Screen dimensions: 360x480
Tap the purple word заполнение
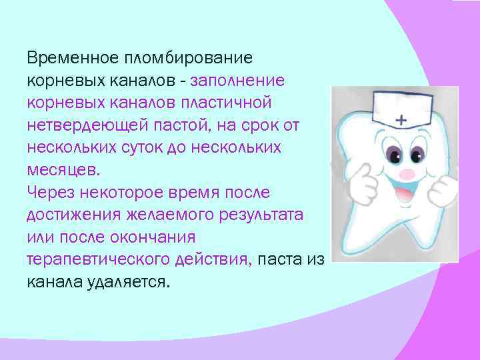coord(238,80)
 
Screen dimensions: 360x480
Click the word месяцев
coord(62,170)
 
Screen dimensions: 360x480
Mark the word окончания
coord(156,237)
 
